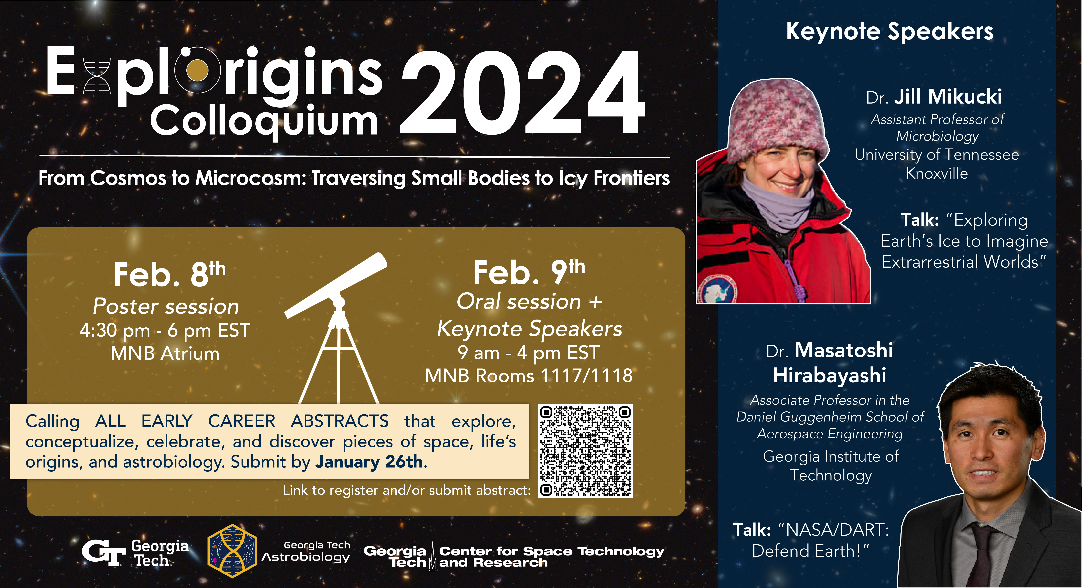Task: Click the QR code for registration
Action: coord(586,451)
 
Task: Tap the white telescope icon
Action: coord(336,327)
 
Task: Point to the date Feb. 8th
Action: coord(169,274)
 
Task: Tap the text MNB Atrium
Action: coord(165,353)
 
